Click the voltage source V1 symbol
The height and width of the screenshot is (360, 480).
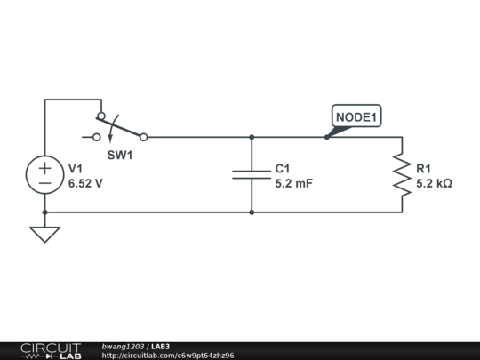[x=44, y=174]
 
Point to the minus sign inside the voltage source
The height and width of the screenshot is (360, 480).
[x=44, y=182]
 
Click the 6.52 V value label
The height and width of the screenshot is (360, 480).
[x=85, y=184]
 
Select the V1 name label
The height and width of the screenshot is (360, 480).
[x=76, y=169]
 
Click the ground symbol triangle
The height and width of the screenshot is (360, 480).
[x=44, y=235]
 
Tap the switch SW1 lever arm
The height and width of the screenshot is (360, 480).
[x=123, y=126]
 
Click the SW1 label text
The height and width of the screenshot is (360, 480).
[x=120, y=155]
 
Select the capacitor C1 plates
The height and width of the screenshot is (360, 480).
[x=252, y=174]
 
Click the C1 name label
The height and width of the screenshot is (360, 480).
[x=283, y=169]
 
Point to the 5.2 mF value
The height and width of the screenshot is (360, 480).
[x=294, y=184]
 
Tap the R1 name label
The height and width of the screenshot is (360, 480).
[x=424, y=169]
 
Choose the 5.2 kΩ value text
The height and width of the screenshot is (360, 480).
[x=435, y=184]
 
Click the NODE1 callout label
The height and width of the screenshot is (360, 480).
[x=356, y=116]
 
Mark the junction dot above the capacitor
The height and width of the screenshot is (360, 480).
[x=252, y=137]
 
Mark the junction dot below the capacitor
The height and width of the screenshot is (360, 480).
[x=252, y=212]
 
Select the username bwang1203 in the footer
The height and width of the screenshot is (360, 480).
[x=124, y=346]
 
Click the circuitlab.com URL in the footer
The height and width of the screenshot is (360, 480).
[x=168, y=356]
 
